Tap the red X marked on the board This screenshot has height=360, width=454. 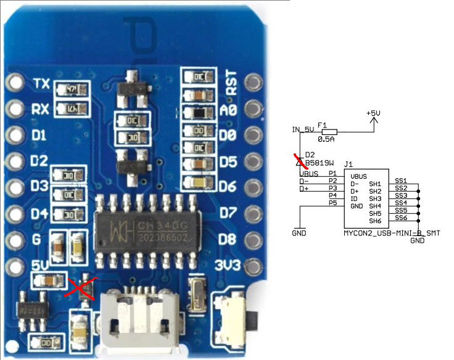pos(81,290)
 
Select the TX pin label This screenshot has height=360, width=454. pos(41,84)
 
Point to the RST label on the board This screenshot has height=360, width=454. pos(233,82)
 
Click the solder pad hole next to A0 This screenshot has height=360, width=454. pos(252,109)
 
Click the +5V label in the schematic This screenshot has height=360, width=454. pos(374,114)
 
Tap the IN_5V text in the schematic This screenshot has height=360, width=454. pos(303,129)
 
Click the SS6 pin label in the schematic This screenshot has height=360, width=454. pos(401,218)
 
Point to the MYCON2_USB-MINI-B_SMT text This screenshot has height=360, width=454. pos(383,233)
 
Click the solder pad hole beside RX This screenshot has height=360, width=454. pos(14,109)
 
